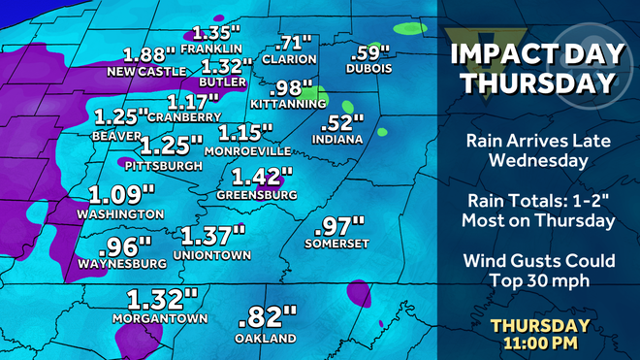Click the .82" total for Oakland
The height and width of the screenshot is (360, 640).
pyautogui.click(x=265, y=316)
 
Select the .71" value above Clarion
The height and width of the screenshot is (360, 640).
pyautogui.click(x=294, y=43)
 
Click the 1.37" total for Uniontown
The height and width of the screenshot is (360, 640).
pyautogui.click(x=212, y=235)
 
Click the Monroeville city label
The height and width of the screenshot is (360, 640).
pyautogui.click(x=247, y=151)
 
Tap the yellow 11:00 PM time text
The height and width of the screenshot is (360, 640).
pyautogui.click(x=540, y=344)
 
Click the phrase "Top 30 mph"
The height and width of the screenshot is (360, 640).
pyautogui.click(x=539, y=280)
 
